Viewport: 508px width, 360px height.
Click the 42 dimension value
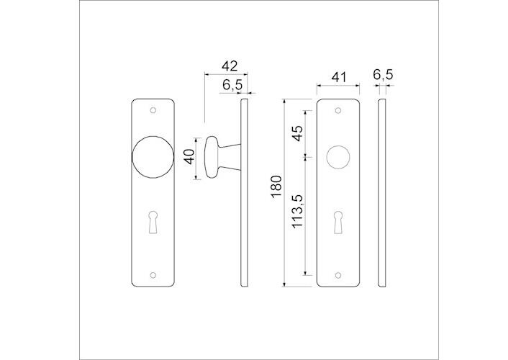coord(230,66)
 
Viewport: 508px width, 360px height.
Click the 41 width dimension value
coord(339,77)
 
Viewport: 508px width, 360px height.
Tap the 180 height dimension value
coord(276,186)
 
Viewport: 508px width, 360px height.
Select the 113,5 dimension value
coord(297,212)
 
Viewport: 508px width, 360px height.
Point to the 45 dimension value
coord(297,133)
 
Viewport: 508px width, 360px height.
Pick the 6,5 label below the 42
coord(232,85)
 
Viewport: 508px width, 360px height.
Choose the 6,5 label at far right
coord(383,75)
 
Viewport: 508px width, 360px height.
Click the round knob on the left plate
coord(153,157)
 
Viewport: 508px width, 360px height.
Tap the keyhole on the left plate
coord(153,222)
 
